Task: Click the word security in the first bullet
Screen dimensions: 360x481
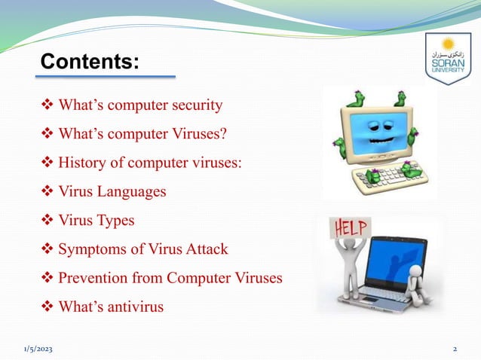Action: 192,105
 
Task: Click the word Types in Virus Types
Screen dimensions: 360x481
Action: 115,221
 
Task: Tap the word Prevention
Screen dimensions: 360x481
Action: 92,278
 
